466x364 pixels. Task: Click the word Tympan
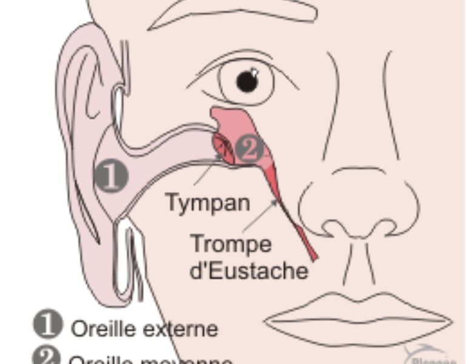(208, 202)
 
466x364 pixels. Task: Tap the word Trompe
(231, 244)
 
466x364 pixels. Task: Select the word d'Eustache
(249, 271)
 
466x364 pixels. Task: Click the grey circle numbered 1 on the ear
(111, 176)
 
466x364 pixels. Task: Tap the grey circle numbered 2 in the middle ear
(249, 149)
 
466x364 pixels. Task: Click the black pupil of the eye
(246, 81)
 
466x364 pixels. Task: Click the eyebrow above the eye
(231, 12)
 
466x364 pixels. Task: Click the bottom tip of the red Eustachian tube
(313, 257)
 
